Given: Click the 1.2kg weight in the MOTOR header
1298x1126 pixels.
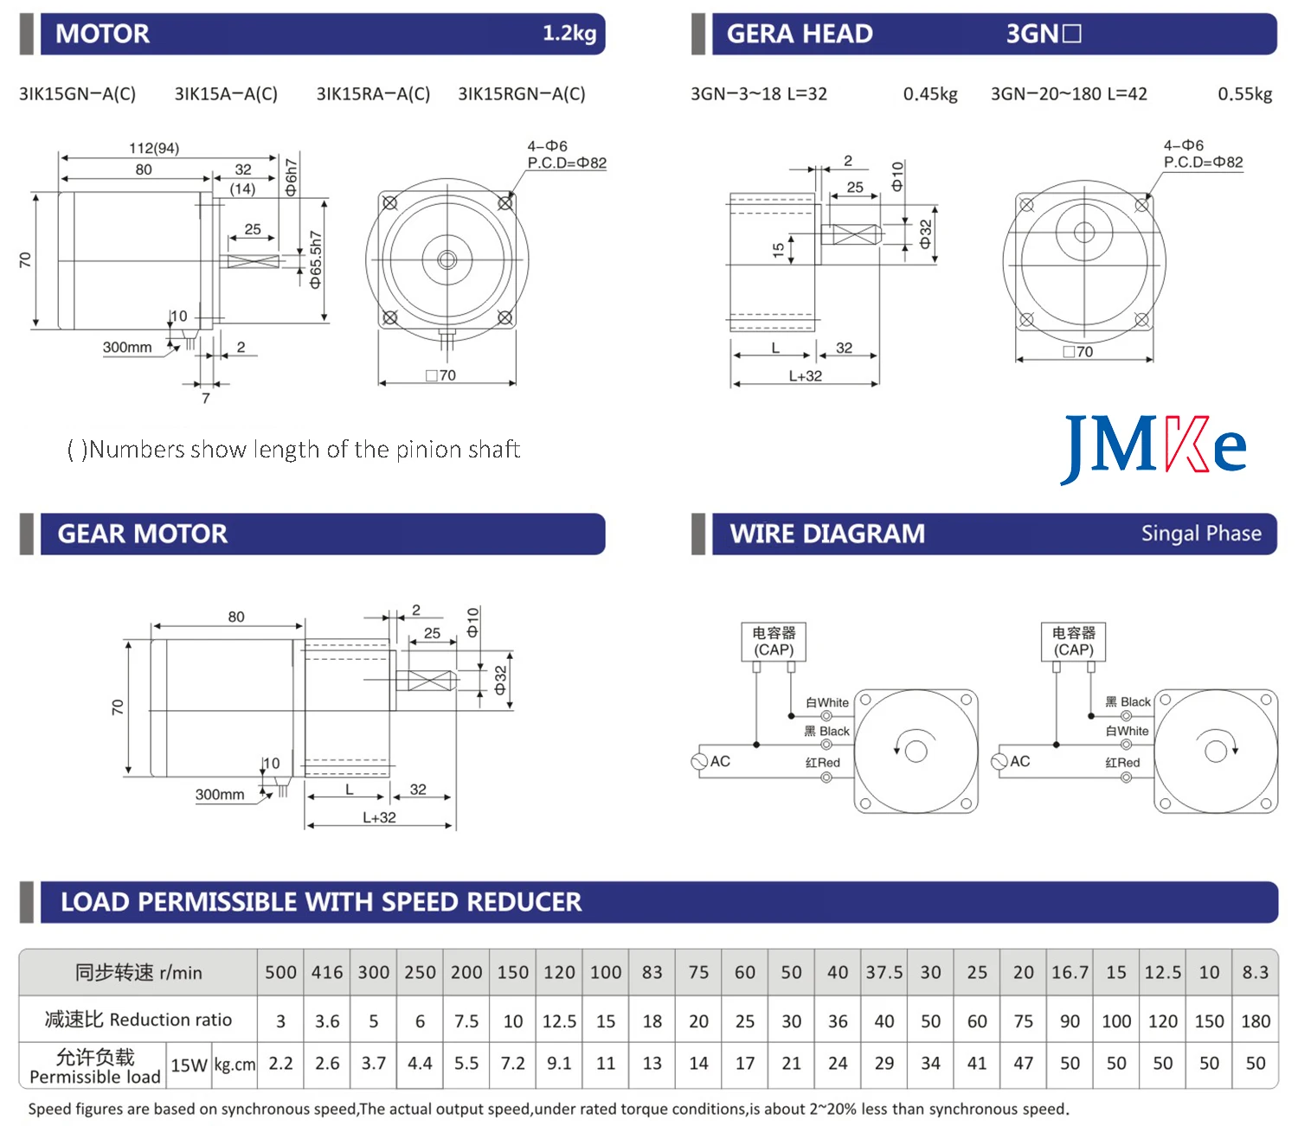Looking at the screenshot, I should point(569,34).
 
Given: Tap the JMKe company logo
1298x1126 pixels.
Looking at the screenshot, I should point(1153,447).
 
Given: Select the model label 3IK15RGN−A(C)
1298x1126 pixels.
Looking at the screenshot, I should point(521,94).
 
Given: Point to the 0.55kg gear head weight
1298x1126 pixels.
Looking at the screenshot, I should point(1244,94).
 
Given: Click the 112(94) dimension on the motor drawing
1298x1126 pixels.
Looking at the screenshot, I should point(154,148).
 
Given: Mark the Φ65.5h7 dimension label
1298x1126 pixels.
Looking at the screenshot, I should point(316,259).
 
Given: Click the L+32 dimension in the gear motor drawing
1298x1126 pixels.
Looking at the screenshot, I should point(379,817).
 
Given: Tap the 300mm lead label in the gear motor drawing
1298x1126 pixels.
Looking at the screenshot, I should point(219,794).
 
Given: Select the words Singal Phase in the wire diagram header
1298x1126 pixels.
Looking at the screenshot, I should point(1200,534).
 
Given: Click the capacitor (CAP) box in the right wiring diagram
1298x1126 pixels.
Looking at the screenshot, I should point(1073,642).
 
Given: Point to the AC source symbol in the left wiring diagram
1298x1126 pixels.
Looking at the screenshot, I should point(700,762).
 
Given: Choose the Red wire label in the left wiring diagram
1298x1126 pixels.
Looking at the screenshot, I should point(823,763).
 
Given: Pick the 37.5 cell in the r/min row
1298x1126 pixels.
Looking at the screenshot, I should point(884,972).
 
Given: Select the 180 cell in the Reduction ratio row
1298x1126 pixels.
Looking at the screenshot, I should point(1255,1021).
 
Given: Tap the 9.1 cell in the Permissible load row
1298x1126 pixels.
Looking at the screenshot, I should point(559,1063).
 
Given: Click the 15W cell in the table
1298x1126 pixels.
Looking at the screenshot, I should point(189,1065).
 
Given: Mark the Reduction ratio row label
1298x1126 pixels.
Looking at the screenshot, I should point(138,1020).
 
